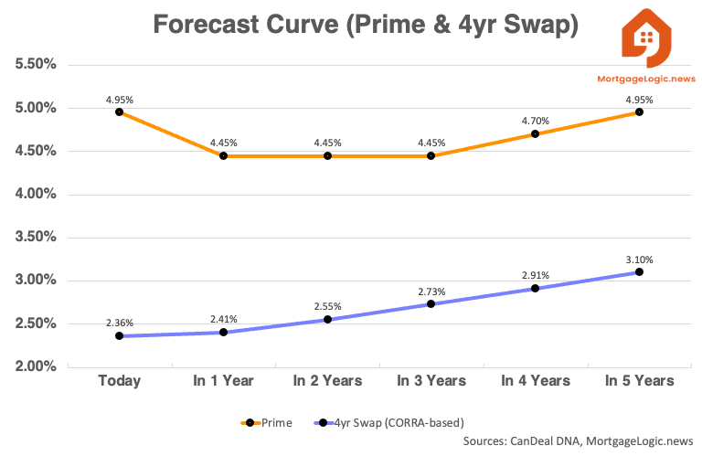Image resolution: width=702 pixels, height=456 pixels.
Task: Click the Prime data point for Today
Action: pos(119,111)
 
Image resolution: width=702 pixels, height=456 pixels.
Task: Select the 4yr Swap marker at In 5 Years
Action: pos(639,271)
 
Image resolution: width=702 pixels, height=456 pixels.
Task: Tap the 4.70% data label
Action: pos(535,120)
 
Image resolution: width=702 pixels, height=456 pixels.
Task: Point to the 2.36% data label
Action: pos(119,322)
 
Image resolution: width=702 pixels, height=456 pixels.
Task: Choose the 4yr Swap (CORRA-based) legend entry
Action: pos(389,423)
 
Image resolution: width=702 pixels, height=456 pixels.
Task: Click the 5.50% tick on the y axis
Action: pos(34,66)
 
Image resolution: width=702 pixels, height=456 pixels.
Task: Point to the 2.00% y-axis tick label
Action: pos(34,367)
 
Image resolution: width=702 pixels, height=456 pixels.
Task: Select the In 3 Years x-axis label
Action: pos(431,380)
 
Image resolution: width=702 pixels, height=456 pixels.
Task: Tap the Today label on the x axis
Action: pos(119,380)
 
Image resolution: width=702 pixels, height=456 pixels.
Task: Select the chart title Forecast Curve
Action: pos(366,25)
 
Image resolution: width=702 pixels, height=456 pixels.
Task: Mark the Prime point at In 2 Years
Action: pos(326,155)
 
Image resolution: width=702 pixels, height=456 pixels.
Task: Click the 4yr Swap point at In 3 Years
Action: pos(431,303)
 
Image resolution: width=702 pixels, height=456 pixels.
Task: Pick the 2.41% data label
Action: pos(223,319)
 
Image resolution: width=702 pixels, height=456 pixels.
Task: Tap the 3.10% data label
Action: pos(639,259)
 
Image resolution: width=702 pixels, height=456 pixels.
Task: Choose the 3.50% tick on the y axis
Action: pos(34,238)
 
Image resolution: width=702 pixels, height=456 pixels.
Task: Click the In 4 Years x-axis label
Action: pos(535,380)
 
